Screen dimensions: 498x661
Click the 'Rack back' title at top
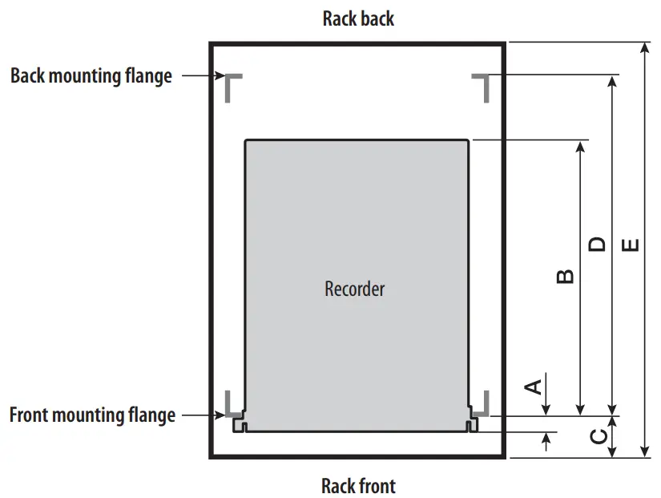tap(358, 18)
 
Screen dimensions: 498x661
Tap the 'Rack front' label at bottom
tap(358, 485)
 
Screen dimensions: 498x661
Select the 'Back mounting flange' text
tap(91, 76)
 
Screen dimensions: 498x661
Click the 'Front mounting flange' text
tap(92, 415)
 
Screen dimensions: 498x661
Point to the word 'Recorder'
tap(354, 289)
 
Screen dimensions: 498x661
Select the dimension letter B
tap(564, 276)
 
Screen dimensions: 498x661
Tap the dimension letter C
tap(598, 436)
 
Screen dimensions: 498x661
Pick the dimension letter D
tap(597, 244)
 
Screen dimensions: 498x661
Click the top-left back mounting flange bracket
tap(232, 85)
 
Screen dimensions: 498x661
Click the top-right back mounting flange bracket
tap(482, 85)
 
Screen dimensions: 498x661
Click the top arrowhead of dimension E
tap(646, 48)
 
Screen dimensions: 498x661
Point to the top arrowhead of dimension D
tap(613, 82)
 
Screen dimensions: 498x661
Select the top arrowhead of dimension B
tap(581, 147)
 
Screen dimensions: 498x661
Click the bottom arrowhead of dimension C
tap(613, 452)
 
